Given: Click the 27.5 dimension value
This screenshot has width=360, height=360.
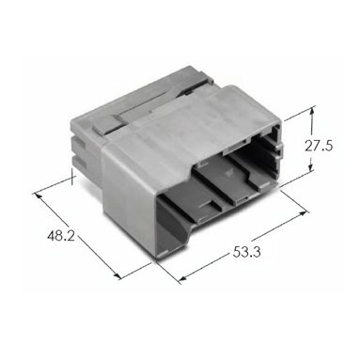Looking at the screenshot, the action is [x=319, y=146].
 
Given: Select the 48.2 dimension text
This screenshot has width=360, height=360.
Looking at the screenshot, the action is [x=61, y=235].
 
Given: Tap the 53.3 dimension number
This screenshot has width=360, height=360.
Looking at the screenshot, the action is [x=246, y=252].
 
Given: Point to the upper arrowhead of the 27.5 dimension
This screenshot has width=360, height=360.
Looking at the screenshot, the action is [x=311, y=111].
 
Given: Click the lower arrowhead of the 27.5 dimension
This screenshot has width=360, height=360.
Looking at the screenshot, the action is [x=310, y=167].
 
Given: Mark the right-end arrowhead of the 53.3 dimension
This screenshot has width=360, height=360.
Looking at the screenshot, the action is [x=303, y=213].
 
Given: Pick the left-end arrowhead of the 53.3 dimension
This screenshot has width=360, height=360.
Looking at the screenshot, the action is [x=184, y=278].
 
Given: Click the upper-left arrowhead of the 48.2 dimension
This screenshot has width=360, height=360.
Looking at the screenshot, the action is [x=39, y=196].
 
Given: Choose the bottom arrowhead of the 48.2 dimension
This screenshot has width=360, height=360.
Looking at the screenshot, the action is [x=117, y=275].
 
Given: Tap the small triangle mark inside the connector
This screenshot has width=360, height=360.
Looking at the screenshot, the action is [x=227, y=172].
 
